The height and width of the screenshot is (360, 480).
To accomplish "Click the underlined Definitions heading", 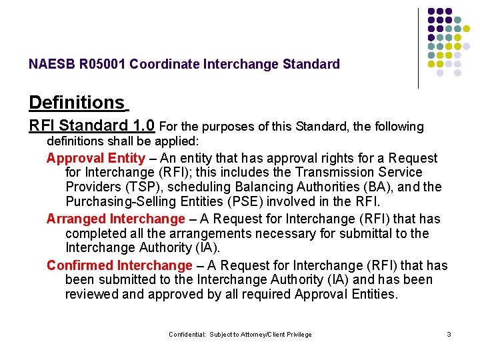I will (x=77, y=103).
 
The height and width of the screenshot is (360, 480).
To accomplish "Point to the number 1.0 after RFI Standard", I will (x=144, y=125).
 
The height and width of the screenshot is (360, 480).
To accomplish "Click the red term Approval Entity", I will (x=95, y=159).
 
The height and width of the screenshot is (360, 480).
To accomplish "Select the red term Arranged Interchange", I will (x=115, y=219).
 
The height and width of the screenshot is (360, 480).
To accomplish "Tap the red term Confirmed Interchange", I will (x=119, y=265).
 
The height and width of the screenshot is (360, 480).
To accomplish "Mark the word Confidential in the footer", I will (x=187, y=335).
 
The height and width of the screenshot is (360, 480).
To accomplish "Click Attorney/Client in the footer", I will (x=263, y=335).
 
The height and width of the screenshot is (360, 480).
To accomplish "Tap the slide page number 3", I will (x=449, y=335).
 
